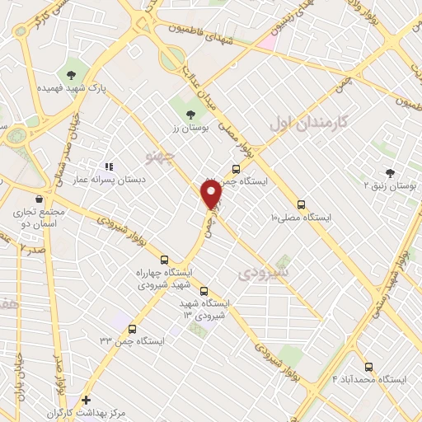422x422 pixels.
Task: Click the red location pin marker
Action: point(212,195)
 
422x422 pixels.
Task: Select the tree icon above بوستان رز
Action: point(191,115)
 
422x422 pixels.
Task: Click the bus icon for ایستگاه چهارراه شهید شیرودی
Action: point(164,259)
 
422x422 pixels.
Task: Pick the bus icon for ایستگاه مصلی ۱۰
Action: point(301,204)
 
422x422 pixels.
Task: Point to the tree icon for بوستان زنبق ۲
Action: point(389,172)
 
